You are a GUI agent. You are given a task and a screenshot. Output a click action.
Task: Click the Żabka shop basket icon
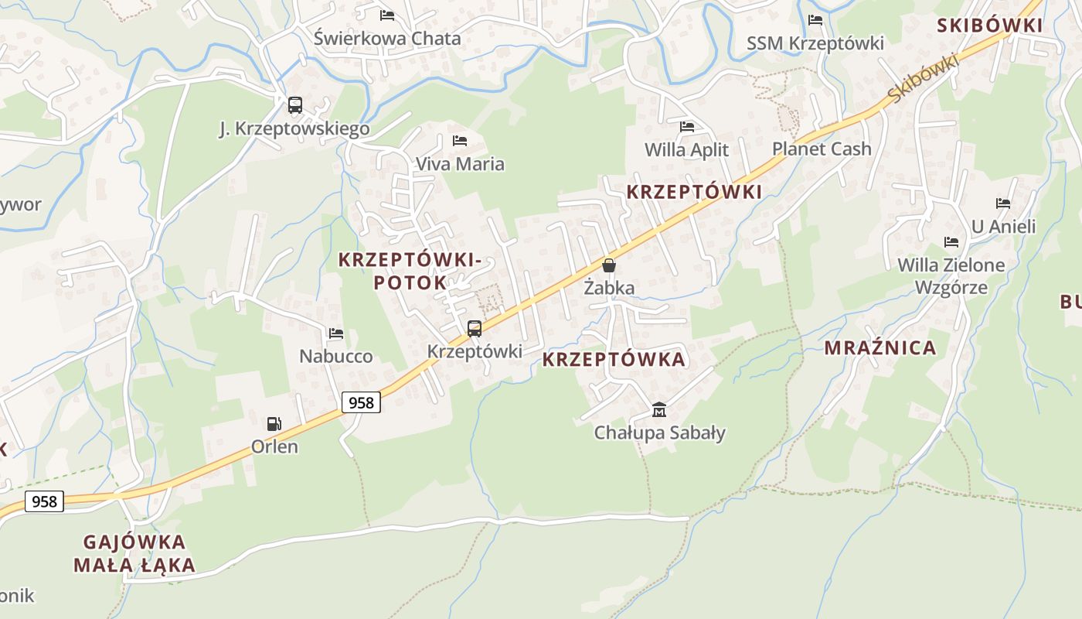pos(609,265)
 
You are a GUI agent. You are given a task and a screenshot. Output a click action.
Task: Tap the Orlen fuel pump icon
pos(274,424)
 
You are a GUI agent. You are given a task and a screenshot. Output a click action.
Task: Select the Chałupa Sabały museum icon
pos(658,409)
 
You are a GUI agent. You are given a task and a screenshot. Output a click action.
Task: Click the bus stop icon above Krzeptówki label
pos(475,329)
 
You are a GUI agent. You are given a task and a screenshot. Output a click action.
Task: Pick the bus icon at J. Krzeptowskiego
pos(294,105)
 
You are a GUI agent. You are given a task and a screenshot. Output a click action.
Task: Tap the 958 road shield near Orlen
pos(361,402)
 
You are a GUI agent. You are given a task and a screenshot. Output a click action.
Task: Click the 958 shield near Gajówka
pos(44,501)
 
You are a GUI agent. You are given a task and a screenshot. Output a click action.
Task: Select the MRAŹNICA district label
pos(880,348)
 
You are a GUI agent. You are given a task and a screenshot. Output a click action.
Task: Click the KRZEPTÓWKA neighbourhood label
pos(614,360)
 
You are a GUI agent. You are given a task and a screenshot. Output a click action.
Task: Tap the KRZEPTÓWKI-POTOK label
pos(410,272)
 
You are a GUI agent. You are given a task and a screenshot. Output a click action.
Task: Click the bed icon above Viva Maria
pos(460,141)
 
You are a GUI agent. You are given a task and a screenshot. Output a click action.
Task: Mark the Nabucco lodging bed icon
pos(335,333)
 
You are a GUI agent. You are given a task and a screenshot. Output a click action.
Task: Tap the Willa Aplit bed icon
pos(686,127)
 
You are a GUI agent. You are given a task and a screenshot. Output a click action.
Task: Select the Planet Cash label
pos(822,149)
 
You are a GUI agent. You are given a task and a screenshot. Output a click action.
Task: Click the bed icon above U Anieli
pos(1003,203)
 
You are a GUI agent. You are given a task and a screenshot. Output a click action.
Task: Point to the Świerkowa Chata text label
pos(387,39)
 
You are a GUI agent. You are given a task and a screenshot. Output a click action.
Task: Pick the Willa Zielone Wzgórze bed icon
pos(951,242)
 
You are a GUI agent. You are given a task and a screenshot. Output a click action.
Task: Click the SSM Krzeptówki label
pos(815,43)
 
